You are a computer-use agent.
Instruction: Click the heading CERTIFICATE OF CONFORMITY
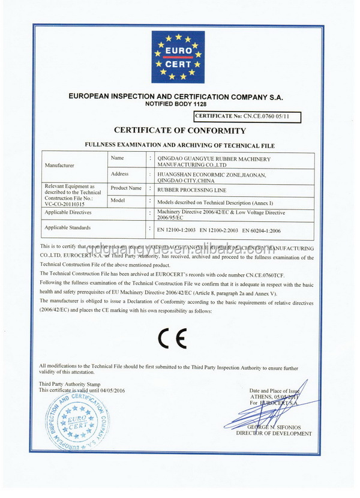[x=180, y=130]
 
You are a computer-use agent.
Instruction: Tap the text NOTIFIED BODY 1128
[x=180, y=104]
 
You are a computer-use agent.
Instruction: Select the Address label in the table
[x=120, y=174]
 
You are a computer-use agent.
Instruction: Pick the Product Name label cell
[x=125, y=188]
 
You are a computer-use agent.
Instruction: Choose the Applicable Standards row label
[x=68, y=228]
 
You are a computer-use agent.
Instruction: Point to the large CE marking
[x=173, y=338]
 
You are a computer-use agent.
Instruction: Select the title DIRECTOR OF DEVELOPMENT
[x=274, y=433]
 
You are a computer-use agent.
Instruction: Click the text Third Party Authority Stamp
[x=70, y=384]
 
